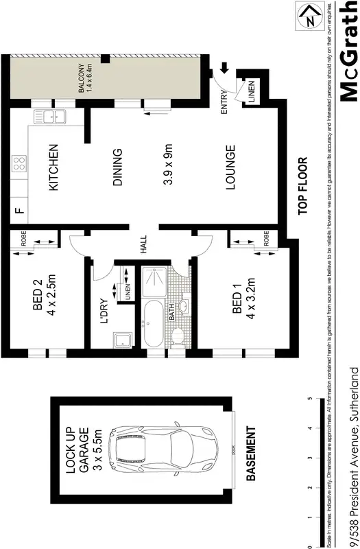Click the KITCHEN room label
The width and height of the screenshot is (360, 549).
58,167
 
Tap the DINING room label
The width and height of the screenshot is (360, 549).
117,167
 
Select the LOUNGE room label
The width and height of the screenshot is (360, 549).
230,167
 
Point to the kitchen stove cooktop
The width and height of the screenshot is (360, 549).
19,165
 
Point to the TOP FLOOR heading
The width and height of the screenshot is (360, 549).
302,188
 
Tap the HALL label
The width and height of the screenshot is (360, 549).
144,246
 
